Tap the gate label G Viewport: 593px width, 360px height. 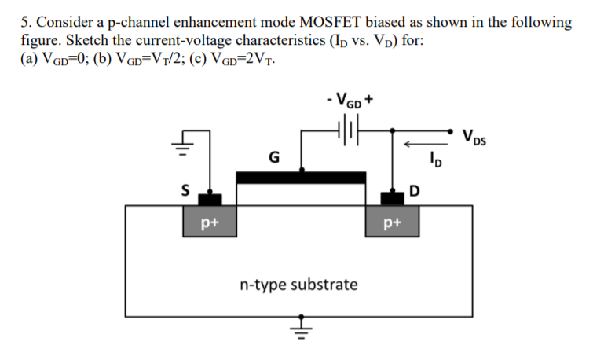pos(273,157)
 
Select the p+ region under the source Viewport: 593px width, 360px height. pos(210,222)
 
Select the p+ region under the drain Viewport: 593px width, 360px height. pos(392,222)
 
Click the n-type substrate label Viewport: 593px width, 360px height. pos(298,283)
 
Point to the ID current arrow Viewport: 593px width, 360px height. pos(419,144)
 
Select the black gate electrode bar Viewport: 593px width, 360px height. pos(301,177)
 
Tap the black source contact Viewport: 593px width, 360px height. pos(210,199)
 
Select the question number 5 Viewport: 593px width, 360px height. pos(24,22)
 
